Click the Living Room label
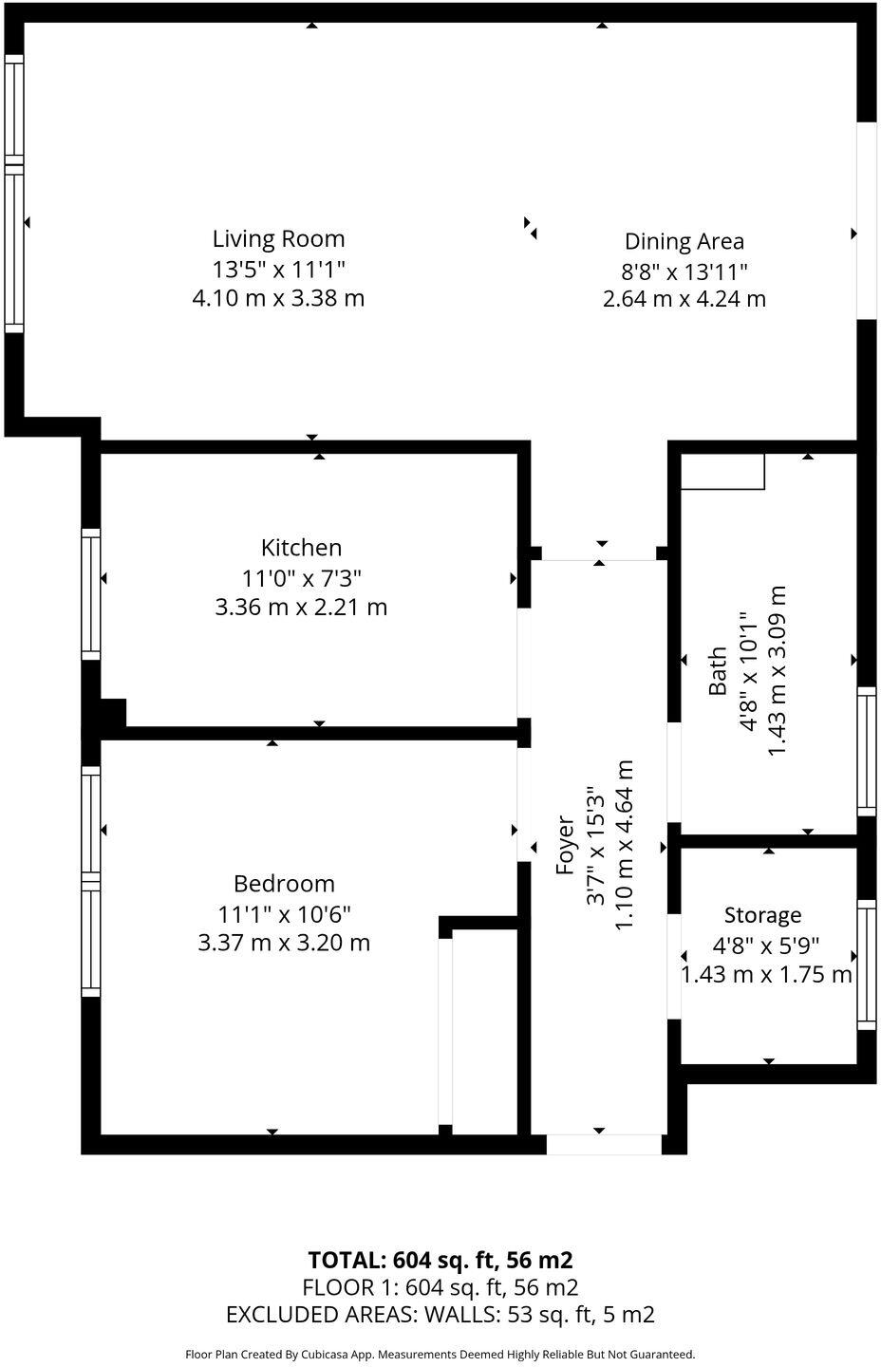[x=278, y=238]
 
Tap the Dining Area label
[x=684, y=241]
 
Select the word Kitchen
[x=301, y=548]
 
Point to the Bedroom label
[x=284, y=884]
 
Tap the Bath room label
[x=719, y=670]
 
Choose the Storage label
[x=762, y=915]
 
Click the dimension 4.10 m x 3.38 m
[x=278, y=298]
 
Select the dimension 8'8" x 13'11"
[x=684, y=272]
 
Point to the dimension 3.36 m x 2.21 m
[x=301, y=607]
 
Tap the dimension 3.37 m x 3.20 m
[x=284, y=943]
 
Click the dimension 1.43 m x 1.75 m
[x=766, y=975]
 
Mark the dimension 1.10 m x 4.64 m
[x=625, y=845]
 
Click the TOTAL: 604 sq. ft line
[x=440, y=1261]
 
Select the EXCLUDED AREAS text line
[x=440, y=1315]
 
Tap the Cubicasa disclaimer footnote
[x=440, y=1355]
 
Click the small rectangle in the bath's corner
[x=722, y=472]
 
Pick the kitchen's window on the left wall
[x=91, y=593]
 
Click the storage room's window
[x=866, y=964]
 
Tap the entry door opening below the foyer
[x=603, y=1144]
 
